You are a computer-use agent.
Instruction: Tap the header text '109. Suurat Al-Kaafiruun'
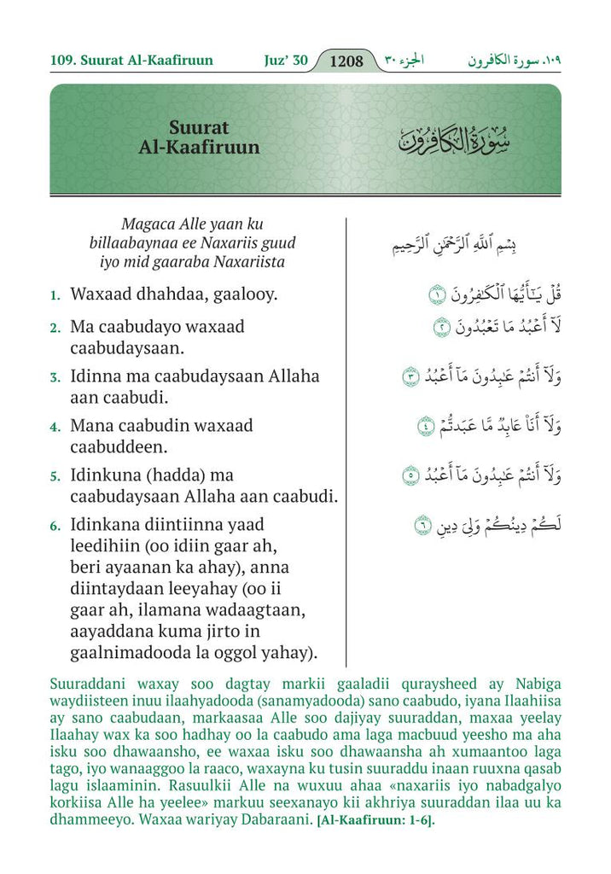[x=132, y=61]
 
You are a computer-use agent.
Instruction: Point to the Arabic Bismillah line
[x=453, y=246]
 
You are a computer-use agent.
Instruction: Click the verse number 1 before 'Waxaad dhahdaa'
[x=55, y=296]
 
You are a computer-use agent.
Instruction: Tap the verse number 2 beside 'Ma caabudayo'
[x=55, y=328]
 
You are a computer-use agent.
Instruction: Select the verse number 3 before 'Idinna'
[x=55, y=377]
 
